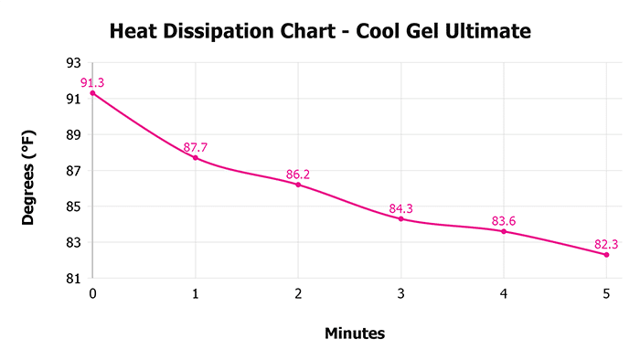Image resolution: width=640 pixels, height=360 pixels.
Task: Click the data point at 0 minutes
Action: (x=92, y=93)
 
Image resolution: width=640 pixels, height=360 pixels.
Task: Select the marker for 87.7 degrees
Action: (x=195, y=158)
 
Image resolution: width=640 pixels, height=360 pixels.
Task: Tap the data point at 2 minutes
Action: (x=298, y=185)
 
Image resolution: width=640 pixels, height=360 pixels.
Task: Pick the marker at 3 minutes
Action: (x=400, y=218)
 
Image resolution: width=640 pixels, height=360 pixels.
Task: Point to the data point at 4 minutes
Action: (x=504, y=231)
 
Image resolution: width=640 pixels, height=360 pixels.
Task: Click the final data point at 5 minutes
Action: (x=606, y=254)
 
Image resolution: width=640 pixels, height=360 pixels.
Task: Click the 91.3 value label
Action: (x=92, y=83)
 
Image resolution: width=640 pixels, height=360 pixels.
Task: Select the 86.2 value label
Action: (x=298, y=173)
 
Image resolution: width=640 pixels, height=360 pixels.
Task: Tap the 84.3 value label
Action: (x=401, y=208)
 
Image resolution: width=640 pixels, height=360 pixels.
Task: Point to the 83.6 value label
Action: (x=504, y=220)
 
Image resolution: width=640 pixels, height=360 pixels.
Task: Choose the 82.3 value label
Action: (x=604, y=244)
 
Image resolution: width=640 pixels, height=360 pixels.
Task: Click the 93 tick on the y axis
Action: (x=73, y=63)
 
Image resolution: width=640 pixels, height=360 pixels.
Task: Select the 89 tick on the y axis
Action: (x=73, y=135)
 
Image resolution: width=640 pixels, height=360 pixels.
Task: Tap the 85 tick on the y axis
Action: (x=73, y=206)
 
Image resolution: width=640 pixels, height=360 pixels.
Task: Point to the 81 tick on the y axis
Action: (x=73, y=279)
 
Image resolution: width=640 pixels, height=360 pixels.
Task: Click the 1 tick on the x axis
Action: (x=195, y=294)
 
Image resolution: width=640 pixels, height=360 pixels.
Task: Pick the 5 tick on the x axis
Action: (x=606, y=294)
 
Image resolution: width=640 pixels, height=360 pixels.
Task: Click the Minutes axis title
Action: (x=355, y=334)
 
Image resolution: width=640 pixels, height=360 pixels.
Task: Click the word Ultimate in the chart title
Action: (x=487, y=32)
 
